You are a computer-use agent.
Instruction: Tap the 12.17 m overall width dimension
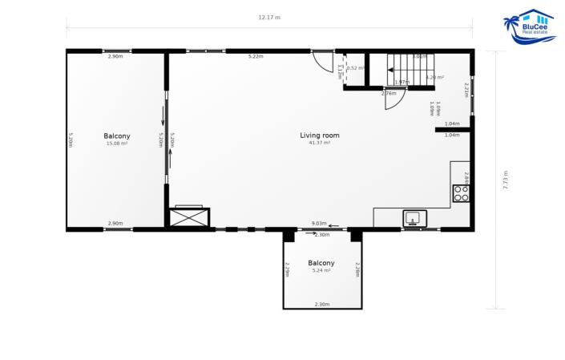pyautogui.click(x=269, y=18)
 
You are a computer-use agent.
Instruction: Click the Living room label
pyautogui.click(x=320, y=136)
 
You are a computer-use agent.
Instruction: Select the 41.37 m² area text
pyautogui.click(x=320, y=143)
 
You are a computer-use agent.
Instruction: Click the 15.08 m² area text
pyautogui.click(x=117, y=144)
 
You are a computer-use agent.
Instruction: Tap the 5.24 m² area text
pyautogui.click(x=321, y=270)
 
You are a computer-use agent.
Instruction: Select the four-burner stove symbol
pyautogui.click(x=461, y=192)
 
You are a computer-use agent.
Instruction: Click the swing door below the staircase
pyautogui.click(x=394, y=99)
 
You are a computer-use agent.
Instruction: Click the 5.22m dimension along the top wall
pyautogui.click(x=256, y=56)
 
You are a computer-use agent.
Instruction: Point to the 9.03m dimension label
pyautogui.click(x=318, y=224)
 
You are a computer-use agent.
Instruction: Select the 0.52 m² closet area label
pyautogui.click(x=356, y=68)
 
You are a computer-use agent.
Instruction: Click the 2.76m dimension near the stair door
pyautogui.click(x=389, y=94)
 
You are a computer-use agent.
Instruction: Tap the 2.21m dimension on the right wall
pyautogui.click(x=466, y=90)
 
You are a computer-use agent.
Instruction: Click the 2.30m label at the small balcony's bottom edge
pyautogui.click(x=321, y=305)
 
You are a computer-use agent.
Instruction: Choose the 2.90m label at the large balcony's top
pyautogui.click(x=115, y=56)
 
